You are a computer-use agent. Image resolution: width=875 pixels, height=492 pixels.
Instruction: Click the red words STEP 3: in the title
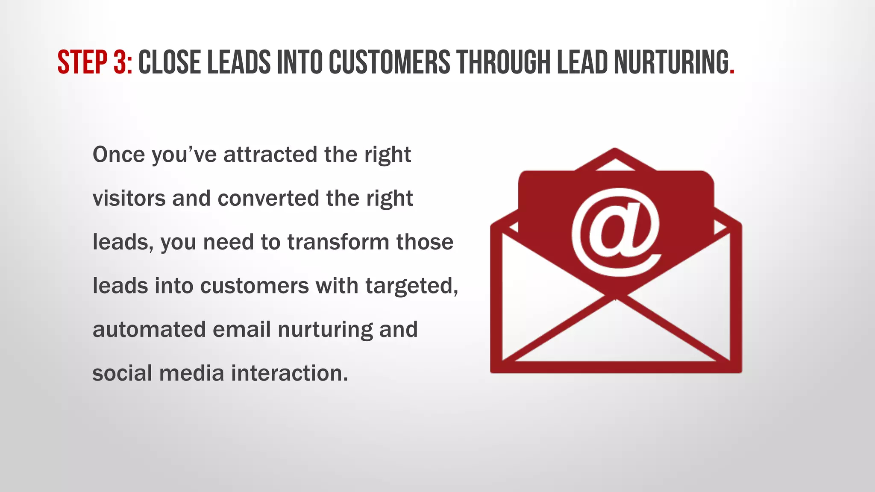(94, 62)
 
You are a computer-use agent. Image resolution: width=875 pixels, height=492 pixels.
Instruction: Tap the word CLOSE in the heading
(170, 62)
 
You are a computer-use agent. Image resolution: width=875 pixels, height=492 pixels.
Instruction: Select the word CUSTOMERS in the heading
(389, 62)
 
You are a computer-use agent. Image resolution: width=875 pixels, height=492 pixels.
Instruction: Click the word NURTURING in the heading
(671, 62)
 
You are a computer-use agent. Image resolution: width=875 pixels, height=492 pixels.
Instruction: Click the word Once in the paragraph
(118, 154)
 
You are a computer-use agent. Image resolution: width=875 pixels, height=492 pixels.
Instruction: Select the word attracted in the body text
(270, 154)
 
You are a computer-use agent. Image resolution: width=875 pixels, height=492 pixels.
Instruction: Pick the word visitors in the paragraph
(129, 199)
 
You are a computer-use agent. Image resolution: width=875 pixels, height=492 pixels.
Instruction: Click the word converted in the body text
(268, 199)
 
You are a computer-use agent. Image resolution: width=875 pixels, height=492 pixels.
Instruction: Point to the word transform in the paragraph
(338, 242)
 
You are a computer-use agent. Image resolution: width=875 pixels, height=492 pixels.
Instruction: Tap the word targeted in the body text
(411, 286)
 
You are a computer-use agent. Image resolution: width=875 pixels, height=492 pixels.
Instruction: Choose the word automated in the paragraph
(149, 329)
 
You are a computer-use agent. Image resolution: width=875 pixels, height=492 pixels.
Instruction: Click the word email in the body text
(241, 329)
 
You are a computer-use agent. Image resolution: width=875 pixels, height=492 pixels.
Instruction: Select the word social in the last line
(122, 373)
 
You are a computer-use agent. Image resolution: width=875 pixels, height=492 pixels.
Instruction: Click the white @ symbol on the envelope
(616, 233)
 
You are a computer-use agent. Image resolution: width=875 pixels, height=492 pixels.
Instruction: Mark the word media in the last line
(191, 373)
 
